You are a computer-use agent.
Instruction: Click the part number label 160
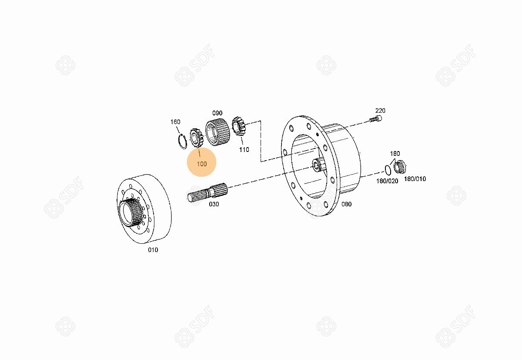(175, 122)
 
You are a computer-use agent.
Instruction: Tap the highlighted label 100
(202, 164)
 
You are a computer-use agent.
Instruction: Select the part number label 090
(217, 113)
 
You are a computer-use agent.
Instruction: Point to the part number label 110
(244, 150)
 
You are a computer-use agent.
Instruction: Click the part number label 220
(380, 111)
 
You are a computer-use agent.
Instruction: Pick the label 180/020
(387, 181)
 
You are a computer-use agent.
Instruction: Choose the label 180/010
(415, 179)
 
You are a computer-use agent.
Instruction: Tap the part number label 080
(346, 204)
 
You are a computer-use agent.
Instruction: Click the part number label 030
(214, 204)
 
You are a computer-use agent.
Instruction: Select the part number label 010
(153, 250)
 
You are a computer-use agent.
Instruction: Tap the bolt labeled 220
(375, 119)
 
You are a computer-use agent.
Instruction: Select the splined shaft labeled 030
(207, 192)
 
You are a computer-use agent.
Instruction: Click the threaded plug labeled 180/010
(400, 167)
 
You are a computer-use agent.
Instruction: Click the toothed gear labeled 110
(239, 126)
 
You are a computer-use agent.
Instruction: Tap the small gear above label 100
(197, 138)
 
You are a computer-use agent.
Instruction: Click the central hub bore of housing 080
(318, 165)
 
